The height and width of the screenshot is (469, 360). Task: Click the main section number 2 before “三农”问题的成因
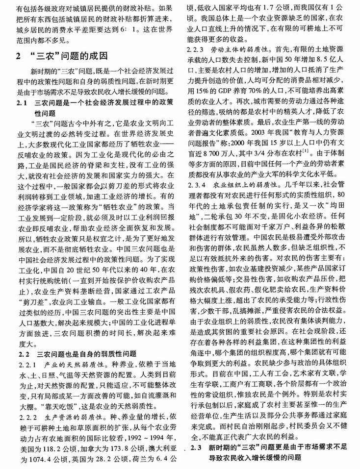(x=18, y=56)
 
